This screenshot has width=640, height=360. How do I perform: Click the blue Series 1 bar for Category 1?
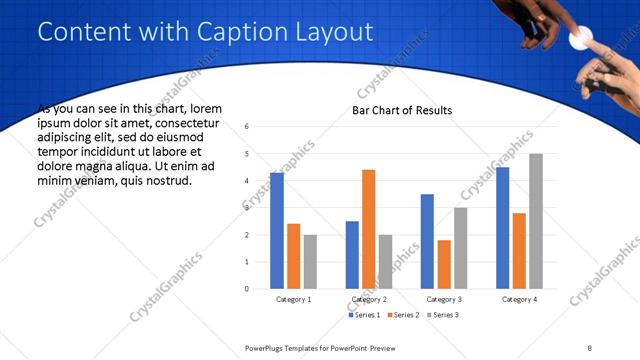coord(277,231)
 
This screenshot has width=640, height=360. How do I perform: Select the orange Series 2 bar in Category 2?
coord(368,229)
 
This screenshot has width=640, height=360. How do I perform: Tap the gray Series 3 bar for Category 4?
coord(536,221)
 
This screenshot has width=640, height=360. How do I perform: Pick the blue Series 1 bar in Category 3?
coord(427,241)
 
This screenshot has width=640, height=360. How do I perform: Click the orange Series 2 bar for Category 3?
coord(444,264)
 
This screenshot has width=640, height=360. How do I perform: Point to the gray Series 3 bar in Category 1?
coord(310,262)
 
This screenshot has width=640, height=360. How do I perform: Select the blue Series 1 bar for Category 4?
coord(503,228)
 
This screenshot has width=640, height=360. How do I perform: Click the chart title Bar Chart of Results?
coord(401,110)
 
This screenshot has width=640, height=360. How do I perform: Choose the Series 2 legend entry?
coord(402,315)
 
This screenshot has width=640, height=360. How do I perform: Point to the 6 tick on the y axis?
coord(248,127)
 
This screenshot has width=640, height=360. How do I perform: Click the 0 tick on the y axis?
coord(248,289)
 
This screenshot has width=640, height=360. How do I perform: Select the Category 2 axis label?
coord(369,299)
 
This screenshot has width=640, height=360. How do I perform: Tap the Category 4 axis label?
coord(520,299)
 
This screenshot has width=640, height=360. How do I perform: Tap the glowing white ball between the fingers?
coord(577,39)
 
